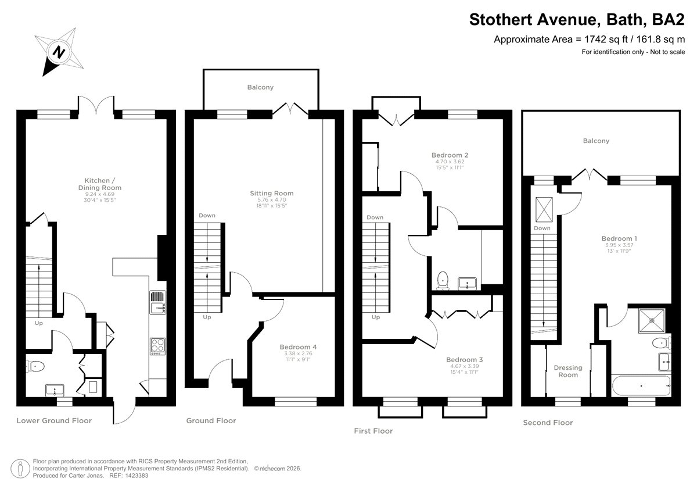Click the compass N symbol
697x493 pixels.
(x=59, y=52)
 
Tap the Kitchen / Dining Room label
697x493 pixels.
(x=99, y=184)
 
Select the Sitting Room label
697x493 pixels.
(x=272, y=193)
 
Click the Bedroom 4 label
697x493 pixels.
(x=298, y=347)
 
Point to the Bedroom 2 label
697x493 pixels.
(x=450, y=155)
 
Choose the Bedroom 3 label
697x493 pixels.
(x=464, y=360)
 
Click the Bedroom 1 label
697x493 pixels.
(x=619, y=238)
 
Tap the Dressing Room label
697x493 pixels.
(x=568, y=371)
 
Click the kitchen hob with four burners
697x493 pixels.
(x=157, y=346)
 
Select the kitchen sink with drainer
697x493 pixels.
(x=158, y=302)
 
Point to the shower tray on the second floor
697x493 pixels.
(x=652, y=320)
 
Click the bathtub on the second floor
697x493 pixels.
(x=641, y=385)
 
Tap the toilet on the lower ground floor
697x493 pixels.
(x=35, y=366)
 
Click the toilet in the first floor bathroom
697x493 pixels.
(x=443, y=280)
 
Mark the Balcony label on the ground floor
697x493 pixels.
(x=260, y=87)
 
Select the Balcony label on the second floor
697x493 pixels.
(x=596, y=141)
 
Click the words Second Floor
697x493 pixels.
(x=548, y=423)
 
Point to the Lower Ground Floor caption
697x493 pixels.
(x=54, y=421)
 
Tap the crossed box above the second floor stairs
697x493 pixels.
(x=544, y=210)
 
